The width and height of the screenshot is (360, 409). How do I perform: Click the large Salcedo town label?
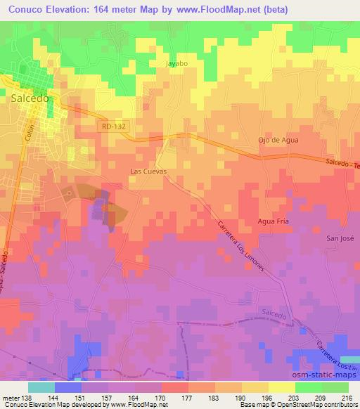click(x=30, y=99)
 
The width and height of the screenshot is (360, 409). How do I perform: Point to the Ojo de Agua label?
click(x=278, y=140)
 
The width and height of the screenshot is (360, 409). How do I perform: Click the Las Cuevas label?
click(x=148, y=171)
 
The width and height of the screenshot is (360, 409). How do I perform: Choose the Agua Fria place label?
click(x=274, y=221)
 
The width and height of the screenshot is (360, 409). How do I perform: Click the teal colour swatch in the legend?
click(x=41, y=387)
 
